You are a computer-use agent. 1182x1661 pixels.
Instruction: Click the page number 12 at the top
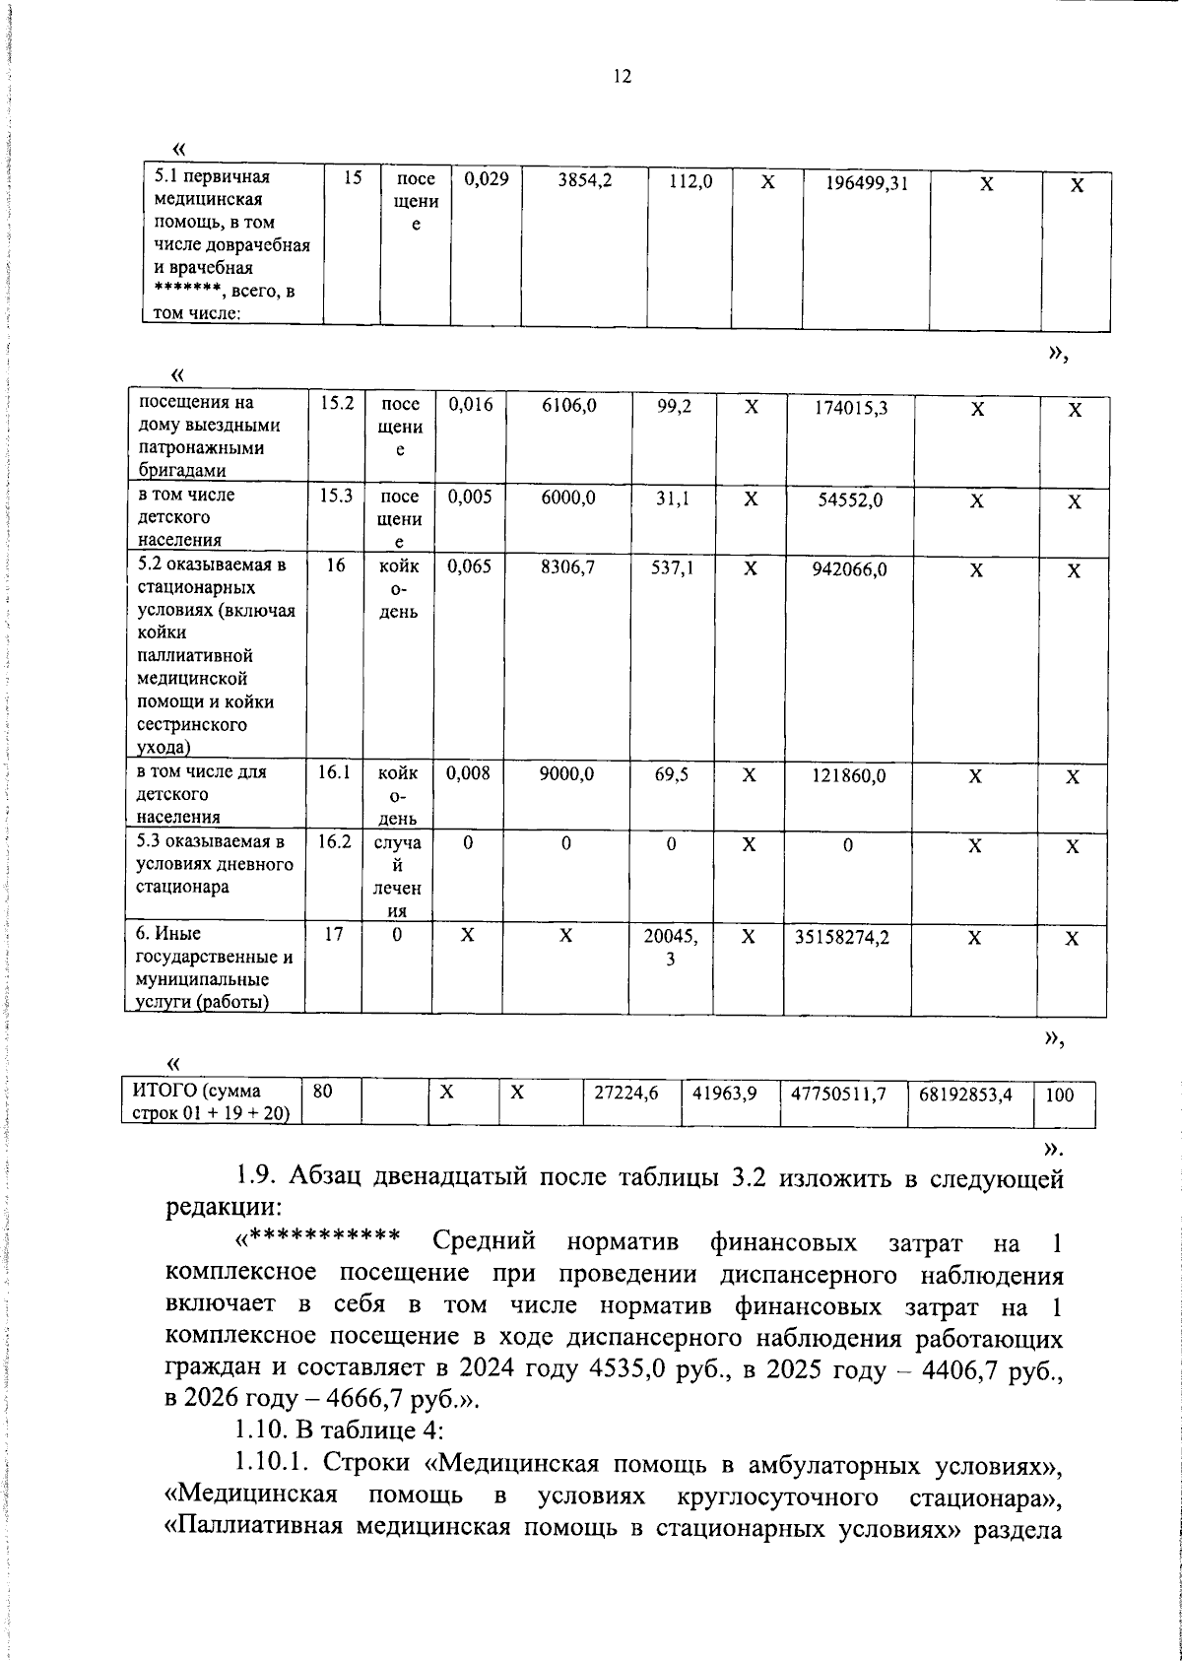(x=622, y=77)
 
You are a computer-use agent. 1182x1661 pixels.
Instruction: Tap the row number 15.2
(x=337, y=403)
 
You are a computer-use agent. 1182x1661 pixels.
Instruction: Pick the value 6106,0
(x=568, y=405)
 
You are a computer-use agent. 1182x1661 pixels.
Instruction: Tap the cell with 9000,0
(x=566, y=774)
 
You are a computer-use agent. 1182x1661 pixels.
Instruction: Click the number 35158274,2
(x=842, y=938)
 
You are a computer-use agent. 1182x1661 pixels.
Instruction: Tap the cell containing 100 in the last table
(x=1059, y=1095)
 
